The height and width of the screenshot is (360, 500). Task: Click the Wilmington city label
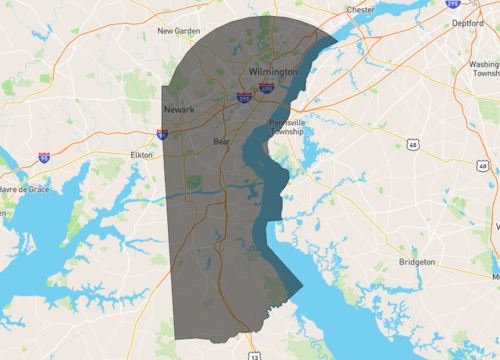pos(273,73)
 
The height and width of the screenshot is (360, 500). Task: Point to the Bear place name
pos(221,142)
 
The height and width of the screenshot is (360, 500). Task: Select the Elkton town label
pos(141,155)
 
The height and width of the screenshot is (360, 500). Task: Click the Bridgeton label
pos(416,261)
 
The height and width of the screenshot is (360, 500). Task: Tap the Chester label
pos(360,10)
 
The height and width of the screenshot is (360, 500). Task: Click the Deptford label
pos(467,22)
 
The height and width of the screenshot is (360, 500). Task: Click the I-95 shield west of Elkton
pos(43,157)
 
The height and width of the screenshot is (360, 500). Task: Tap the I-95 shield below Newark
pos(162,133)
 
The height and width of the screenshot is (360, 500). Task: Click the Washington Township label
pos(484,69)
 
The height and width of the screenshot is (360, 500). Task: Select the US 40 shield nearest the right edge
pos(483,166)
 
